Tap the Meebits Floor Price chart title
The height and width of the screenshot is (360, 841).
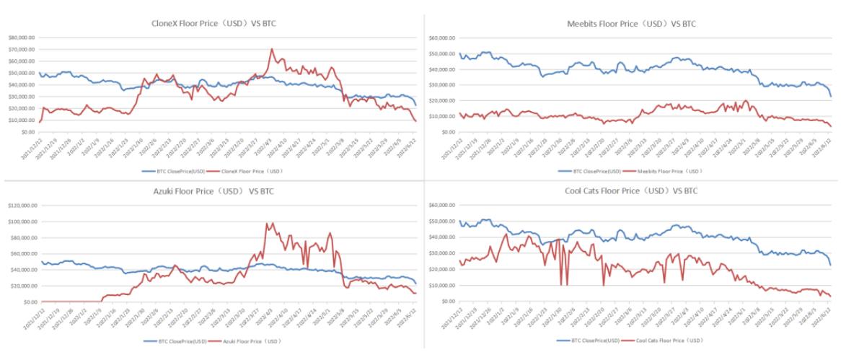(x=631, y=25)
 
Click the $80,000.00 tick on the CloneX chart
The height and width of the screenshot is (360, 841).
(x=21, y=37)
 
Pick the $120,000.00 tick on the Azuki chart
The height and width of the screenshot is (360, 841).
(x=21, y=206)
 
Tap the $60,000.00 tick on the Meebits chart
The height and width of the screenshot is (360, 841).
(x=441, y=38)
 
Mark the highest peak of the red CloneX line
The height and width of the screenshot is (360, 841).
(x=271, y=49)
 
